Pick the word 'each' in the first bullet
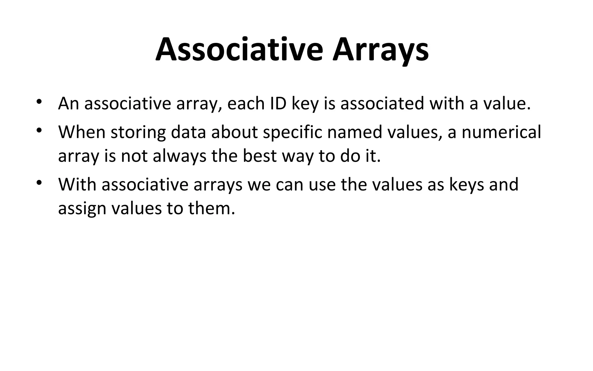(246, 103)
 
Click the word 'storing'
(138, 133)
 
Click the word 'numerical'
(501, 132)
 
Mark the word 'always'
(180, 157)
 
